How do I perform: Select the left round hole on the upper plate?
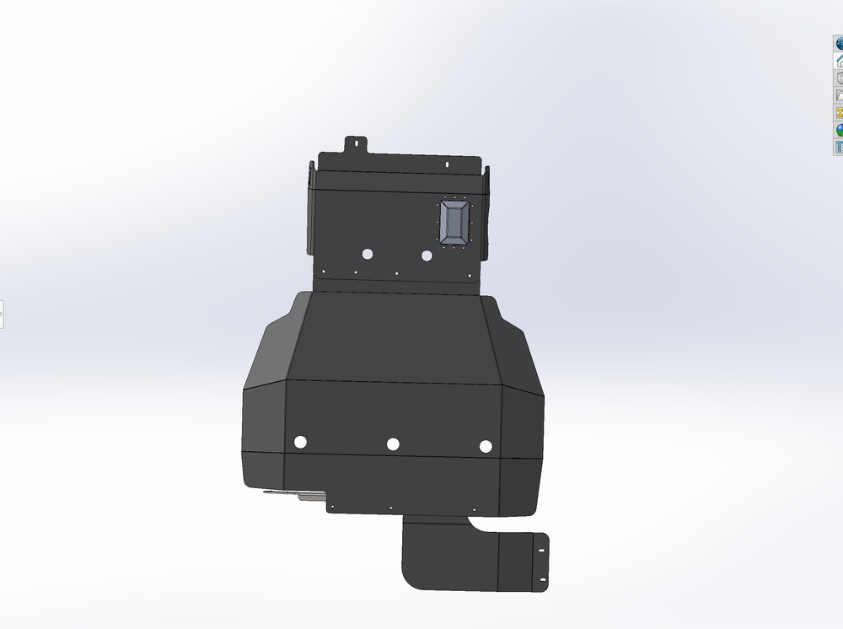click(368, 254)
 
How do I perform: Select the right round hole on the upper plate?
click(427, 255)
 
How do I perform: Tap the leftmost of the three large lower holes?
click(300, 442)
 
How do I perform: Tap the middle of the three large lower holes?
click(393, 444)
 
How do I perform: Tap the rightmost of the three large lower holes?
click(485, 446)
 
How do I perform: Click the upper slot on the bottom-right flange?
click(540, 551)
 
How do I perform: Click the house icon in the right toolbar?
click(840, 61)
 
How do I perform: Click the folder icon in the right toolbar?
click(840, 95)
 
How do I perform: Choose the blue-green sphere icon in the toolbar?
click(840, 130)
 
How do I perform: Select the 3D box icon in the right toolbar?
click(840, 78)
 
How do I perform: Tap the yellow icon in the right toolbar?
click(840, 112)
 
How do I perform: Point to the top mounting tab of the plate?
click(355, 143)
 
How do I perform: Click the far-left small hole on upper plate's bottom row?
click(323, 271)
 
